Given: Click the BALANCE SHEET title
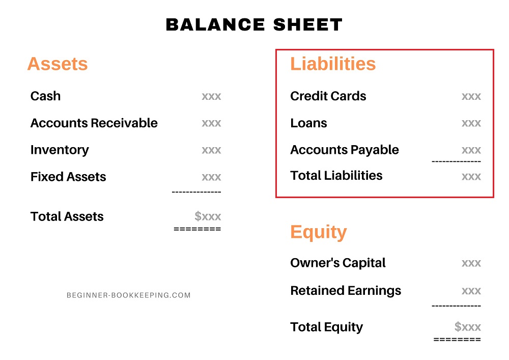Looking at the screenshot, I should pos(254,24).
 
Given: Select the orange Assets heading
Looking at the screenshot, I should pos(58,64).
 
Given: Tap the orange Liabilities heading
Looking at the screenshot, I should pos(333,64).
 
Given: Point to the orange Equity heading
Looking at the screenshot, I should pos(318,232).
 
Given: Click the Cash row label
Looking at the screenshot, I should pos(45,96).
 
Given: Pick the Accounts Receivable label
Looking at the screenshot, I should pos(94,123).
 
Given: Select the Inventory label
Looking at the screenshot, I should pos(60,150).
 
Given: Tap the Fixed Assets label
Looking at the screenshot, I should pos(68,177).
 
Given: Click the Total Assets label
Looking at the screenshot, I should pos(67,216).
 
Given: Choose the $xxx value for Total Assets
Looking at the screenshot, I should pos(208,216).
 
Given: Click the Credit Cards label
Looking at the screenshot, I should pos(328,96).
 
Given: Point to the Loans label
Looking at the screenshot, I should pos(308,123).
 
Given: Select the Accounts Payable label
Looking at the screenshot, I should pos(344,150).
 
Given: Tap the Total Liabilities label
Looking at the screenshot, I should pos(336,176).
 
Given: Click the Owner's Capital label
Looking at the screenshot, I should pos(337,263).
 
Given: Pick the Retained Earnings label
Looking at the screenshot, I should pos(345,291).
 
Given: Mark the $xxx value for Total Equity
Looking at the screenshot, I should pos(467,327).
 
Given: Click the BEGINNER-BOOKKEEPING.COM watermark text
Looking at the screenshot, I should pos(129,295).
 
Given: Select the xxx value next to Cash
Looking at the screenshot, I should pos(211,96).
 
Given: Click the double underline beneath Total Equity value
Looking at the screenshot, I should pos(457,339).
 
